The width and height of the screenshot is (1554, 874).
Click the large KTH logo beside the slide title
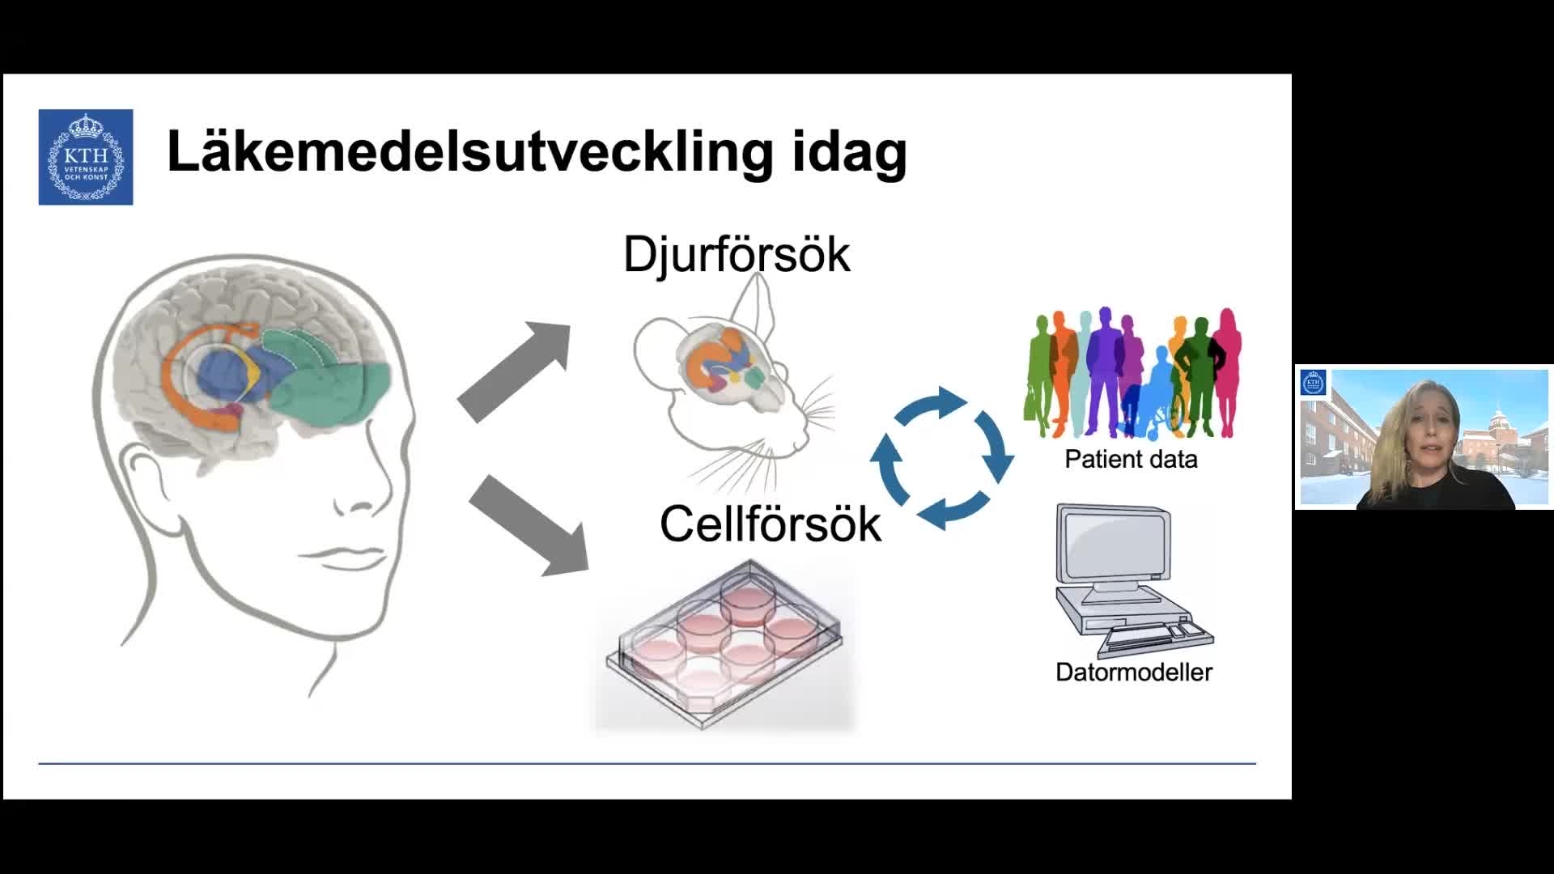(x=86, y=157)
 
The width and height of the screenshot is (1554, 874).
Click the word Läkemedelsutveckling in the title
(x=469, y=151)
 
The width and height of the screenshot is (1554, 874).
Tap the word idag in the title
(x=849, y=153)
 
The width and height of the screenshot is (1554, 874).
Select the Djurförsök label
(x=737, y=254)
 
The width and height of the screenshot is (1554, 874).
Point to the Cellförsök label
(x=770, y=524)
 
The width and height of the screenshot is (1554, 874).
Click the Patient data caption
(x=1131, y=459)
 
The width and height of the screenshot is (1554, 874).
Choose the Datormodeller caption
(x=1133, y=672)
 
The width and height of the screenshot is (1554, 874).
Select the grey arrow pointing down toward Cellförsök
(x=528, y=526)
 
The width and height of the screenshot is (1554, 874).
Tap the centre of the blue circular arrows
(x=941, y=458)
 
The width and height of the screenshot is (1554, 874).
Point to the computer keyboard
(x=1157, y=636)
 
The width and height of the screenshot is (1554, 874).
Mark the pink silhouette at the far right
(x=1227, y=372)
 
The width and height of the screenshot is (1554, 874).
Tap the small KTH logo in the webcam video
(x=1313, y=383)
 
